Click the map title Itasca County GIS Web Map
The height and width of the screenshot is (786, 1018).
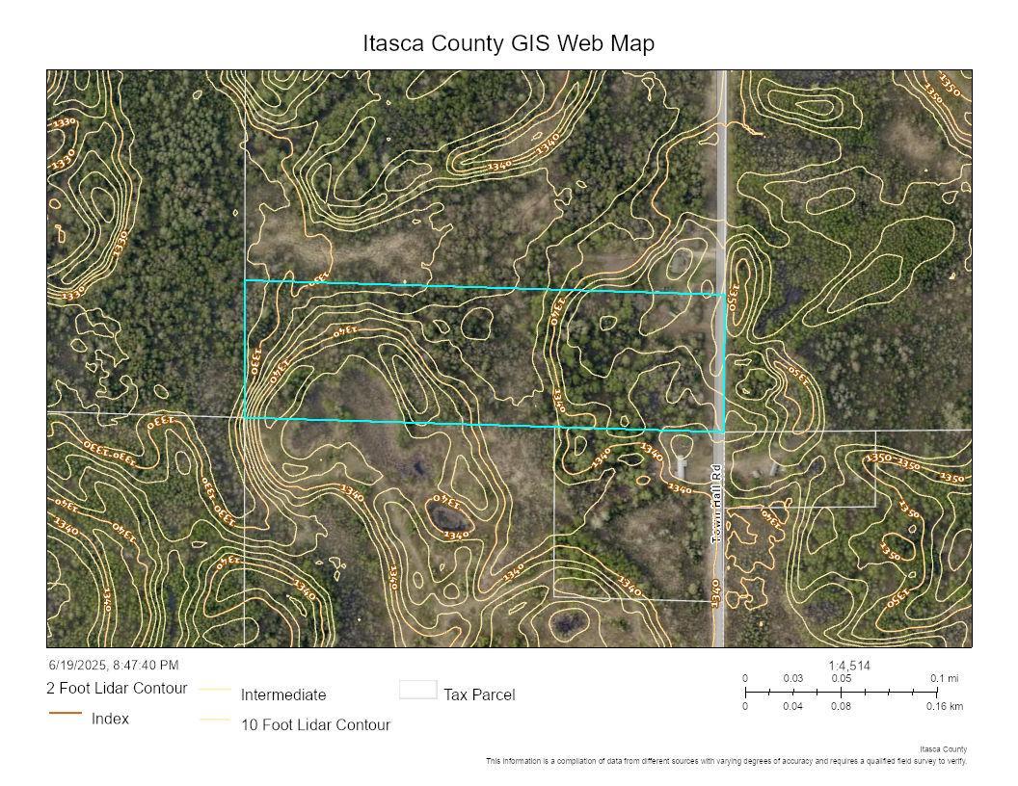point(508,43)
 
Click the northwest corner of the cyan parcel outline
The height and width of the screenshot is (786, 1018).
point(245,281)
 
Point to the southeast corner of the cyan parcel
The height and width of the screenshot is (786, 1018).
point(724,431)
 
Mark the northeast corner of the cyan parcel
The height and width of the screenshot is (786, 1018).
point(724,294)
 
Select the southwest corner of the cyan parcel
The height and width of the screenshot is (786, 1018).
point(245,418)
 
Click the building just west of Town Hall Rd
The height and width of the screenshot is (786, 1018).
point(682,467)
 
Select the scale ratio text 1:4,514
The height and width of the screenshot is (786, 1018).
point(848,666)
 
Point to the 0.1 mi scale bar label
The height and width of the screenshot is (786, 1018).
point(944,679)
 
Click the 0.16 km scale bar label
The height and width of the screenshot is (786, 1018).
point(944,706)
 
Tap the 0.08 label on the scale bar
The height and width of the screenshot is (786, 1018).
point(841,706)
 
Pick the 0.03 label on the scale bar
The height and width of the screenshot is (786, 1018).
point(792,679)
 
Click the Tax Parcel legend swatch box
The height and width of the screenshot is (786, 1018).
point(418,690)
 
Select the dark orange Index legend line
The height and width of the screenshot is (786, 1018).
point(66,713)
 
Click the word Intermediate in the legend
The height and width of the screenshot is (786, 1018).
point(283,694)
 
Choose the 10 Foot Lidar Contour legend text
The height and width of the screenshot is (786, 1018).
point(315,724)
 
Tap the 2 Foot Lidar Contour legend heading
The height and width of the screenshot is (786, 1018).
point(117,689)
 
